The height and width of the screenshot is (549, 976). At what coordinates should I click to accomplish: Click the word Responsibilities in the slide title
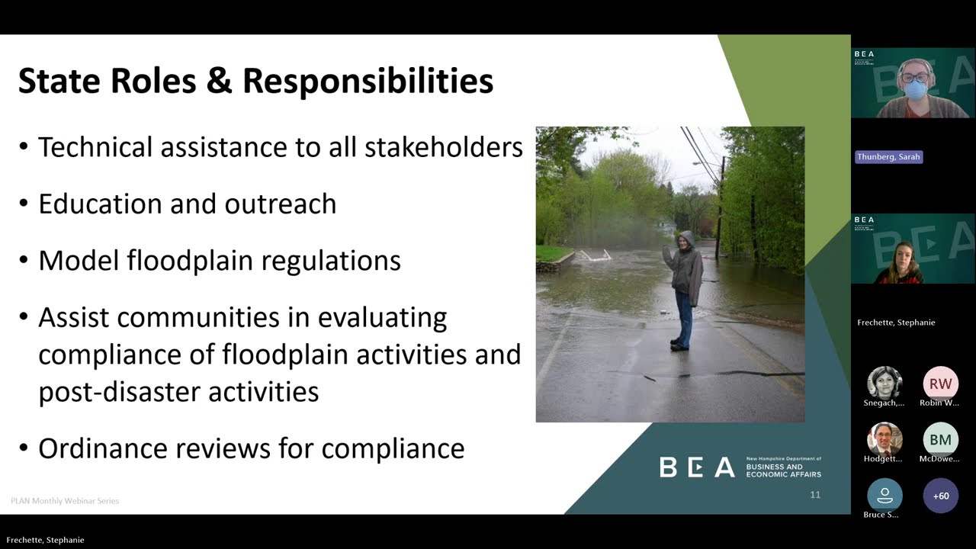point(368,82)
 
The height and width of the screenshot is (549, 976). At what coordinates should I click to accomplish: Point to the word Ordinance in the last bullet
point(101,448)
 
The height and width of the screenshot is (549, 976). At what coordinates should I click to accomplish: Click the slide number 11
point(815,495)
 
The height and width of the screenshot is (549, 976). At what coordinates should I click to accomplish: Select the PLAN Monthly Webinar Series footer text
point(65,501)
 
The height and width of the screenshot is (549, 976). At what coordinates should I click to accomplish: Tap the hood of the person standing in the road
point(686,239)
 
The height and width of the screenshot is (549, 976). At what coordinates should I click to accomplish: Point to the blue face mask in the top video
point(915,90)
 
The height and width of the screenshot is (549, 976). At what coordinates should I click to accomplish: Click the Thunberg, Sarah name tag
point(888,157)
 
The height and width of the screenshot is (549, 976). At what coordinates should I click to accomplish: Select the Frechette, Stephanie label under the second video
point(896,323)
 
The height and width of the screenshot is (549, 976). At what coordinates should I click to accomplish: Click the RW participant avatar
point(940,384)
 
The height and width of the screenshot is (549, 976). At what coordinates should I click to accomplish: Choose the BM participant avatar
point(940,440)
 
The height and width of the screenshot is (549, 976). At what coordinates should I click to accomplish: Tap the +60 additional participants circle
point(941,496)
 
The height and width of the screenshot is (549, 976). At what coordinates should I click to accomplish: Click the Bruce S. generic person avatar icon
point(884,496)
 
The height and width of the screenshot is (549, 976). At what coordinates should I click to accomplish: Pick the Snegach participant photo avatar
point(884,383)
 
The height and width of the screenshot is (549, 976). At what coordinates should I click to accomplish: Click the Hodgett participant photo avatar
point(884,439)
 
